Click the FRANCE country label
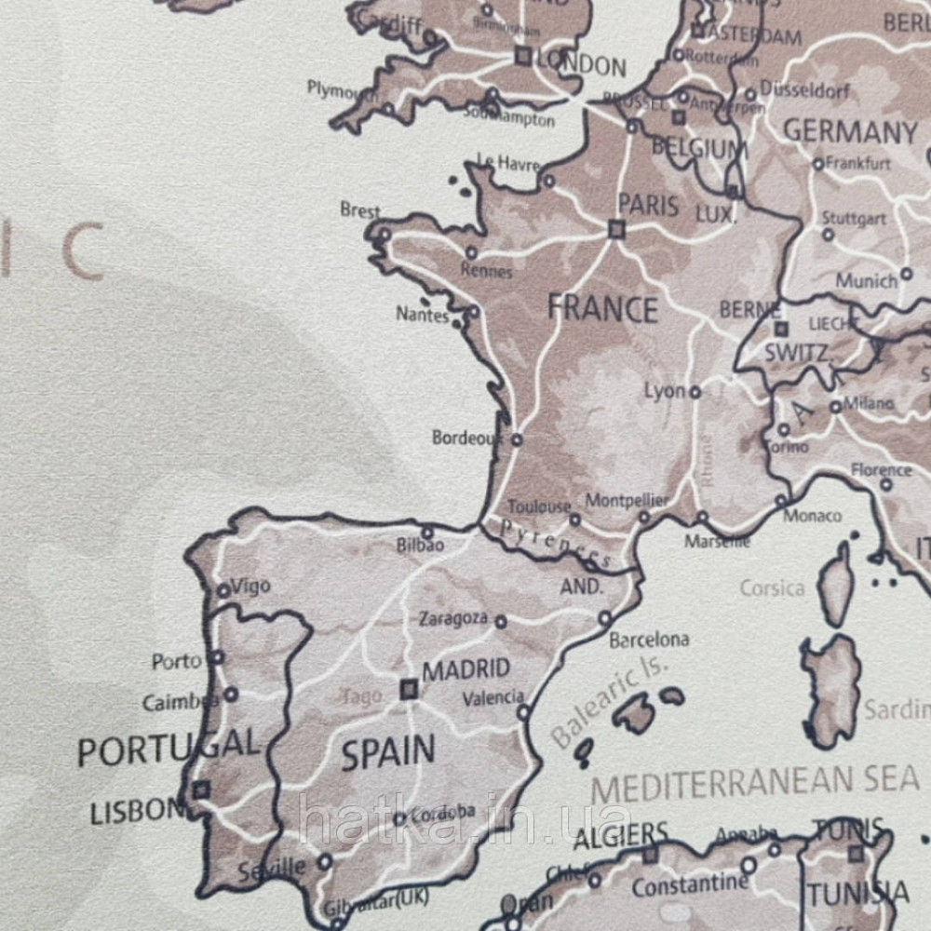(x=602, y=307)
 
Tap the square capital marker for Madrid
(x=409, y=689)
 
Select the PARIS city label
(x=648, y=205)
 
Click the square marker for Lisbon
(x=201, y=790)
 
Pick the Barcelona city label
(x=649, y=641)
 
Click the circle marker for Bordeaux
(x=517, y=439)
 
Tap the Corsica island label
(x=772, y=588)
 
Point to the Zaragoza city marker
(x=501, y=621)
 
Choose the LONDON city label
(x=582, y=66)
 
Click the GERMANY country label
(x=850, y=132)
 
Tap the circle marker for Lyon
(x=695, y=392)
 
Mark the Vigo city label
(x=250, y=587)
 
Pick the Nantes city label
(x=423, y=315)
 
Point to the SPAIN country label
(x=387, y=752)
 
